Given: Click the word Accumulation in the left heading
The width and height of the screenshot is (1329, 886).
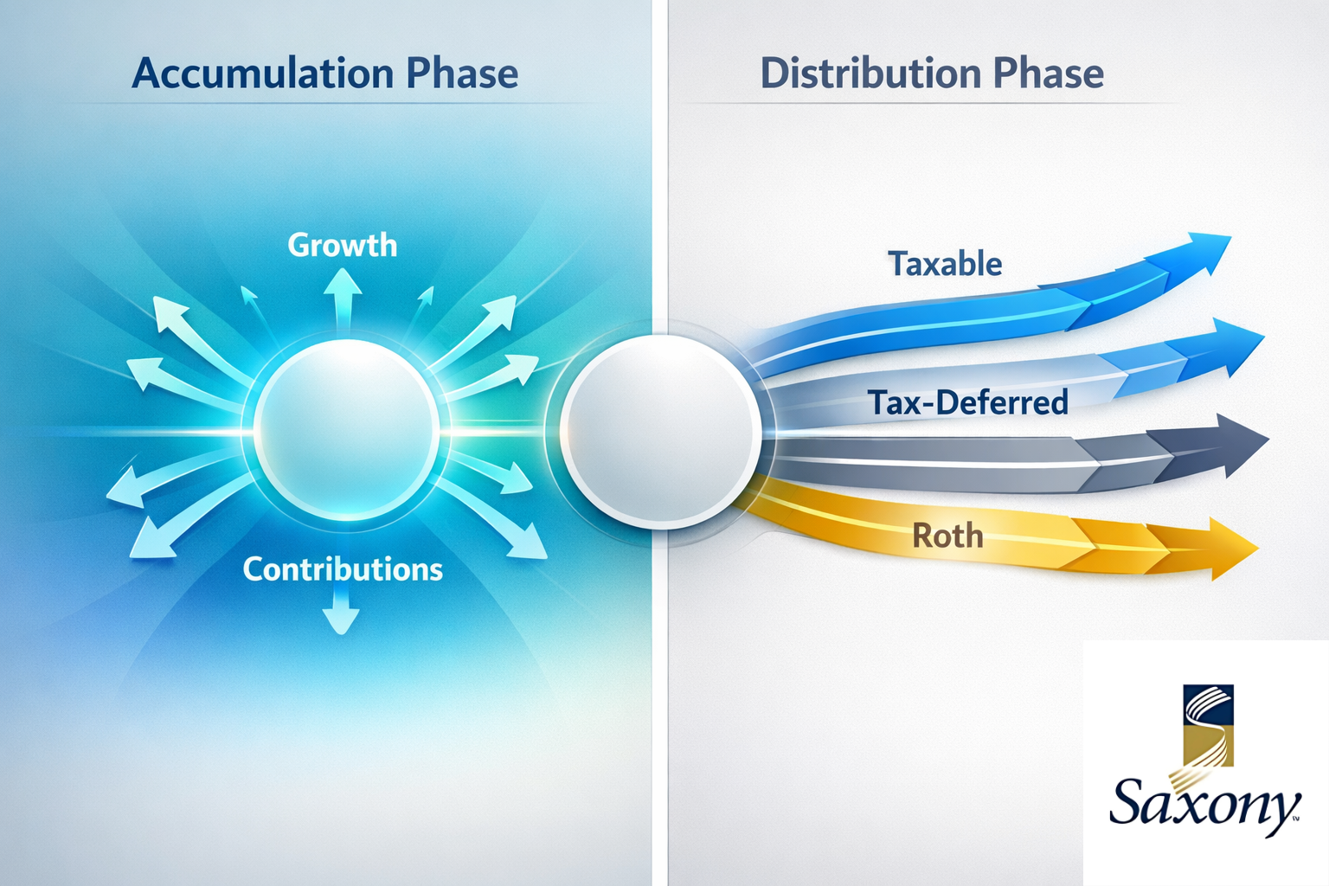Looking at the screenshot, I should click(262, 74).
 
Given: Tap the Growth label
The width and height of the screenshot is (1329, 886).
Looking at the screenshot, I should click(343, 246).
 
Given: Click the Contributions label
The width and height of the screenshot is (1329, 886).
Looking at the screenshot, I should click(343, 569).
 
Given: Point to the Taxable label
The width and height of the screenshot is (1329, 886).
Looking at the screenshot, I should click(945, 264).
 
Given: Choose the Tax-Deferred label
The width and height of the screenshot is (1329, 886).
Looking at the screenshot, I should click(968, 402).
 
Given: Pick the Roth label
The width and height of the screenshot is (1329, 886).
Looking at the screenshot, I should click(947, 536).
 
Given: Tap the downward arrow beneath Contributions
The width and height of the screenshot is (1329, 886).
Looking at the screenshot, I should click(341, 614).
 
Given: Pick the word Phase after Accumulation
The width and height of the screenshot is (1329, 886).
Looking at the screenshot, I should click(462, 74).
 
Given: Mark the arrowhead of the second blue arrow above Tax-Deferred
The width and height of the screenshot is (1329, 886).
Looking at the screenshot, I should click(1233, 344).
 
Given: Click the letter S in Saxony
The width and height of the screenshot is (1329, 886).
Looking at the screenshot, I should click(1129, 801).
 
